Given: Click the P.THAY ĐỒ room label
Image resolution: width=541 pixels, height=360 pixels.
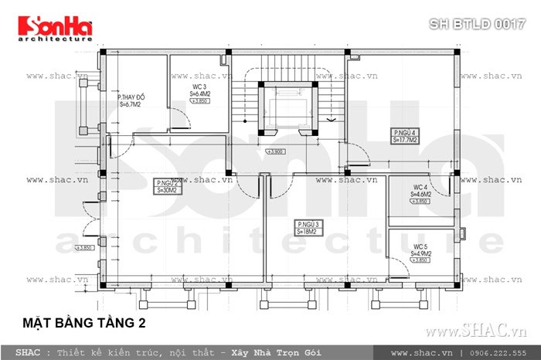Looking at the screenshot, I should coord(129,100).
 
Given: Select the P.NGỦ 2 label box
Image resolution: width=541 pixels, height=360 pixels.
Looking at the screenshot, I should coord(167,185).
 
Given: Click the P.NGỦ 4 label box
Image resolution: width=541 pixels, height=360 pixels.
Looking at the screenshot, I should coord(406,137).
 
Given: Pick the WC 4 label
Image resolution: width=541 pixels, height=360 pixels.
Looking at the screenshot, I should coord(422,190).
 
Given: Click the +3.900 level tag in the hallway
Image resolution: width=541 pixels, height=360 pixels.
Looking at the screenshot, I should coord(276,151).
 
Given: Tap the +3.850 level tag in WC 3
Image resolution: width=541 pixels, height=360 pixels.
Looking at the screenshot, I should coord(201,101).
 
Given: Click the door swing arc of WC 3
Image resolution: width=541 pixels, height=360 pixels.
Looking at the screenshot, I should coord(177,121).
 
